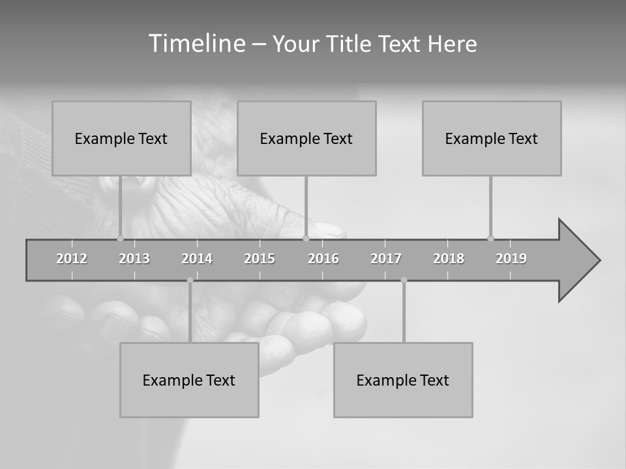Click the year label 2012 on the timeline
(x=72, y=259)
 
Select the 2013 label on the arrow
(x=134, y=259)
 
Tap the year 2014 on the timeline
(x=197, y=259)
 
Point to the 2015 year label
(x=260, y=259)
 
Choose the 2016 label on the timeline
(x=323, y=259)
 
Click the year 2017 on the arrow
(x=386, y=259)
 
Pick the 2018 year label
(x=449, y=259)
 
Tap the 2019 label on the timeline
(x=511, y=259)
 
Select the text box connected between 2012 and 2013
(x=121, y=138)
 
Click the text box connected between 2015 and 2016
(x=306, y=138)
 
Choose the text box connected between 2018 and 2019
(x=492, y=138)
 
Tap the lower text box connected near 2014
(x=189, y=380)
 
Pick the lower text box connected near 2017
(x=403, y=380)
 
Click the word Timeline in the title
(x=196, y=44)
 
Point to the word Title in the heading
(x=350, y=44)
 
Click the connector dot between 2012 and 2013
(x=120, y=238)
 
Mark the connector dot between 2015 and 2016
(x=306, y=238)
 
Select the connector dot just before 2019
(x=490, y=238)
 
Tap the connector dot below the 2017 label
(x=404, y=280)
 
